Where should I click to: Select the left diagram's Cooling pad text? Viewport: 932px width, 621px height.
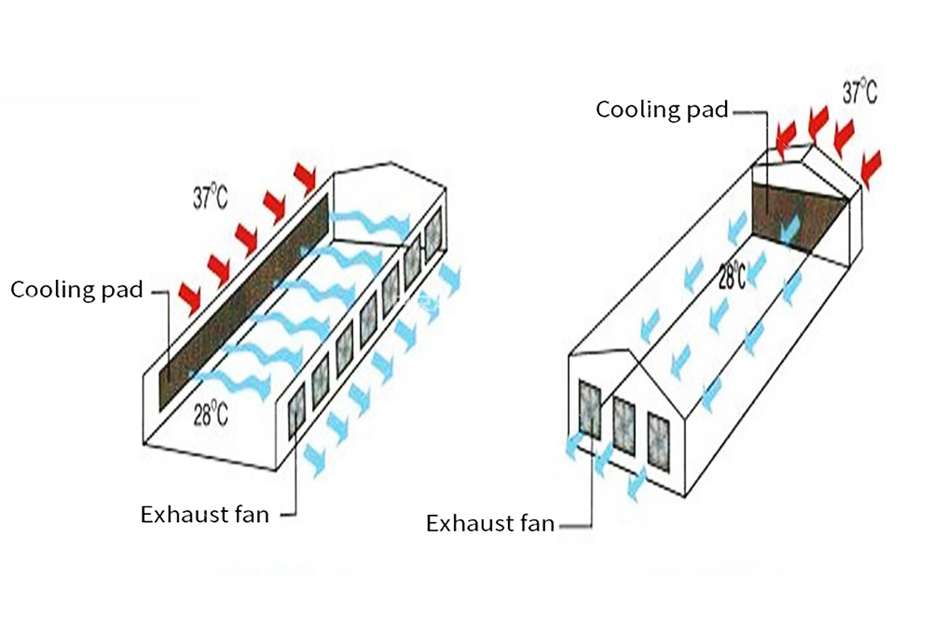tap(76, 290)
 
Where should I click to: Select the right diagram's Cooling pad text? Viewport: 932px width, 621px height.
tap(662, 110)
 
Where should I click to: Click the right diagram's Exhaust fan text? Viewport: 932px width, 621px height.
tap(490, 523)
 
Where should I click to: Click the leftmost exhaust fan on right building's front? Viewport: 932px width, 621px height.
tap(591, 407)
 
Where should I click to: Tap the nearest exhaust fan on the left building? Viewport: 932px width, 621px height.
tap(296, 411)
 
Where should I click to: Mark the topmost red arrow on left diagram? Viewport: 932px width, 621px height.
tap(306, 175)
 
